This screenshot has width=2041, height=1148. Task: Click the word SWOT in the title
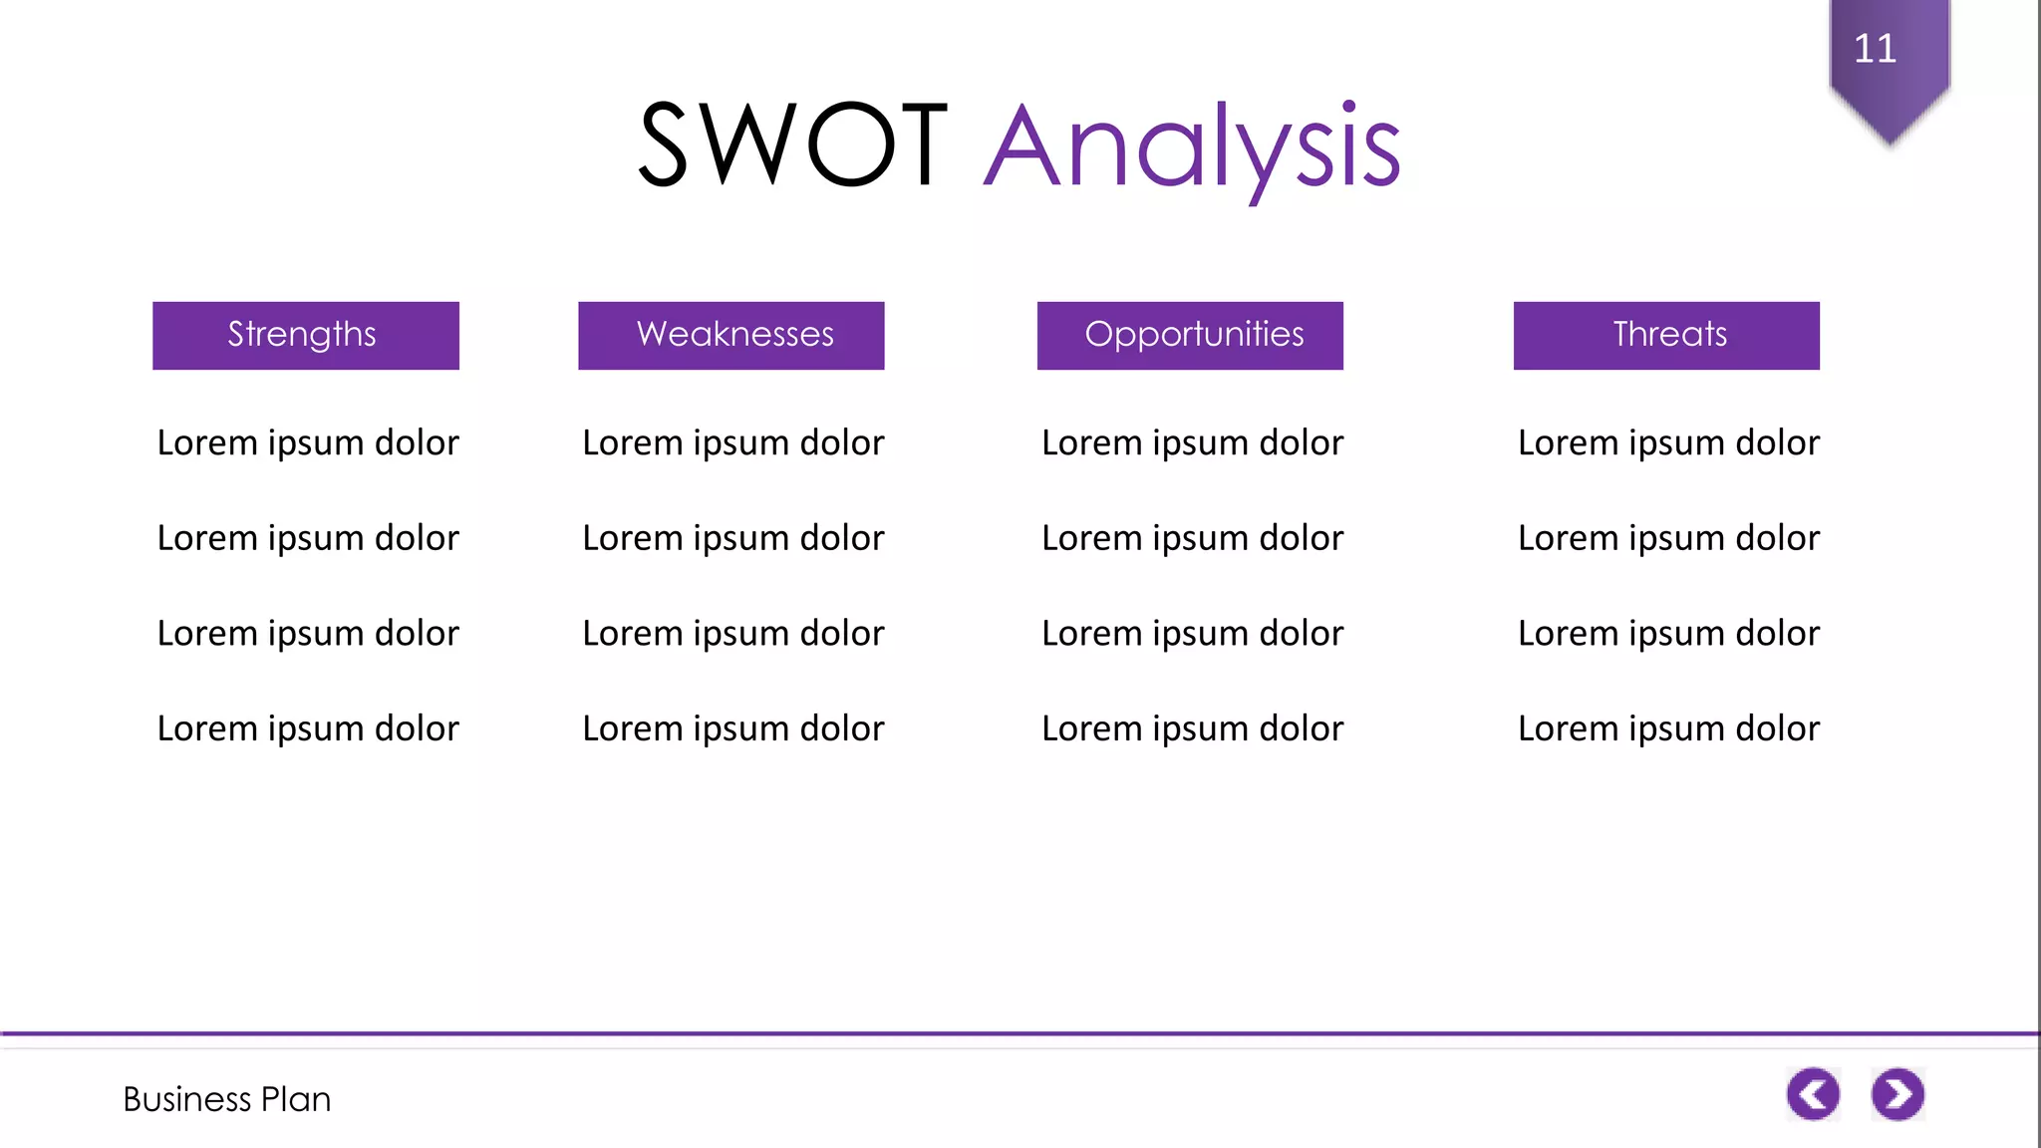pos(792,145)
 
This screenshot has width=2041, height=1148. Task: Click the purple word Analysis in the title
pos(1192,147)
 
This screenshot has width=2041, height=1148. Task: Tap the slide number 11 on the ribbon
pos(1875,48)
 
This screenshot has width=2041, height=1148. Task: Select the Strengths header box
pos(305,335)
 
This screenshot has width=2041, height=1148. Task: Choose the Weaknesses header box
pos(730,335)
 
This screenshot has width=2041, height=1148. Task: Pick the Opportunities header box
pos(1190,335)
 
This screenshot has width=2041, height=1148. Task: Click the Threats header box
pos(1666,335)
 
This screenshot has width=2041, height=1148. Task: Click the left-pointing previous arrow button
pos(1813,1094)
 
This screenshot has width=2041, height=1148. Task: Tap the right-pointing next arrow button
pos(1897,1094)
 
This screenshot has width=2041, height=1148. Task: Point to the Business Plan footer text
pos(226,1099)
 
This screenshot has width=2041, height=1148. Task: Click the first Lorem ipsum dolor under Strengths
pos(308,442)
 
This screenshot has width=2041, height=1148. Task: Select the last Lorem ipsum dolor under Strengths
pos(308,728)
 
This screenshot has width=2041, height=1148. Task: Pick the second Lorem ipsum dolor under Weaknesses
pos(732,538)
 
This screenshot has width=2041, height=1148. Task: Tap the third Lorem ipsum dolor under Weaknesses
pos(732,634)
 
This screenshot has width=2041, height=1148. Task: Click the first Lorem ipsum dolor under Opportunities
pos(1192,442)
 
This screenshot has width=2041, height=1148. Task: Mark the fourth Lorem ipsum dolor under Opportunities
pos(1192,728)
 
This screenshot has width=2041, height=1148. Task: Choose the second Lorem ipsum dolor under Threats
pos(1668,538)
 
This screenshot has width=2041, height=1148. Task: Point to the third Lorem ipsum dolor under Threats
pos(1668,634)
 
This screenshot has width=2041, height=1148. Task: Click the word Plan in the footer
pos(295,1099)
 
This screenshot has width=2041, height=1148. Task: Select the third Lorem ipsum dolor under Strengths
pos(308,634)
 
